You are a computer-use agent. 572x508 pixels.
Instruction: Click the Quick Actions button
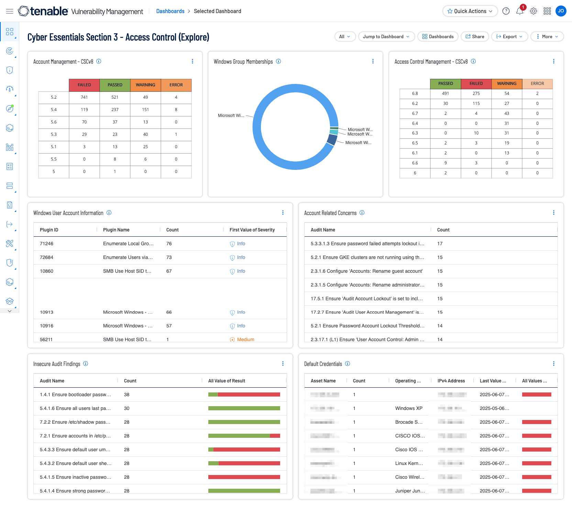(470, 11)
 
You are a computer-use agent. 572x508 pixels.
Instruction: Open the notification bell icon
(519, 11)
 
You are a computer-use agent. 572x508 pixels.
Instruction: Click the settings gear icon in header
(533, 11)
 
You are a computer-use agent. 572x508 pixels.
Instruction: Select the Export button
(509, 36)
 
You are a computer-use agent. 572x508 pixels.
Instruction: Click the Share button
(475, 36)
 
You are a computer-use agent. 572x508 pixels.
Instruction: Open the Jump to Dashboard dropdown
(386, 36)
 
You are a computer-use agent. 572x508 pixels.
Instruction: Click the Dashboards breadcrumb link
(170, 11)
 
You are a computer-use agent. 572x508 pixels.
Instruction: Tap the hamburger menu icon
(10, 11)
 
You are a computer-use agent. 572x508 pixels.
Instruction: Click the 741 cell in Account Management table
(84, 97)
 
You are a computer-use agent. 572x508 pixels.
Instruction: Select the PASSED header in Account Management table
(115, 85)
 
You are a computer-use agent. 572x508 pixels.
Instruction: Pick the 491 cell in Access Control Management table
(445, 94)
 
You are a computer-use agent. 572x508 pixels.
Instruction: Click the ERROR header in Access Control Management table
(537, 84)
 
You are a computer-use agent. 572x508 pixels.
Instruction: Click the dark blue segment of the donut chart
(332, 139)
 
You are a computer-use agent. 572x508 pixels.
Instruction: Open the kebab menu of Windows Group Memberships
(373, 61)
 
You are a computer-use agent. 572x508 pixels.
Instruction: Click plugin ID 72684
(47, 257)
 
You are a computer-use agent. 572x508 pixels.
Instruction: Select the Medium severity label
(245, 339)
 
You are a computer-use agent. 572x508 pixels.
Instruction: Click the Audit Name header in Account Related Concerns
(323, 230)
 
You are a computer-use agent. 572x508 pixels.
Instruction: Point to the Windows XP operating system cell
(409, 408)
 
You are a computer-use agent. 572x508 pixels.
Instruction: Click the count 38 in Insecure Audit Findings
(127, 394)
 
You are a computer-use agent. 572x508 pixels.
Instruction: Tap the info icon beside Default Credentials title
(348, 364)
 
